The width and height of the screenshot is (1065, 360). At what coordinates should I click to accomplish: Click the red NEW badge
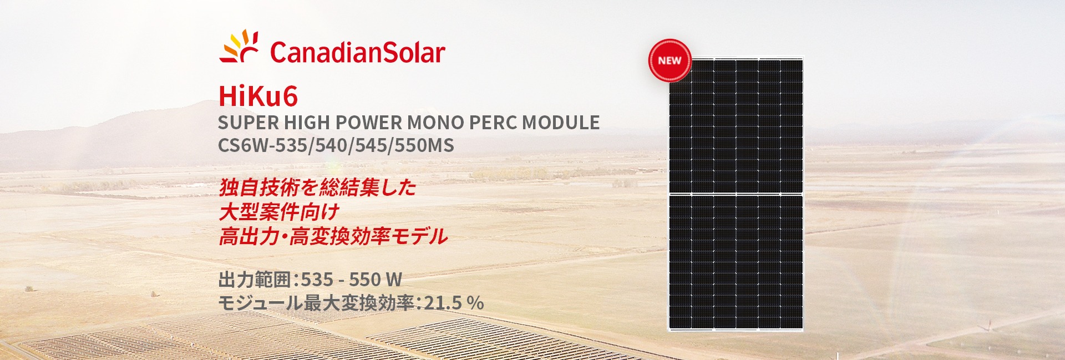point(670,60)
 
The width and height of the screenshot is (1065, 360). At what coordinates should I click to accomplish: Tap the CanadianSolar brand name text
point(358,53)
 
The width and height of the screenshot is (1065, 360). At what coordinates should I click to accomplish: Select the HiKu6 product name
point(258,96)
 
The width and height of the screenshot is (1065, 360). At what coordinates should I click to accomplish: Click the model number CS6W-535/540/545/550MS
point(336,145)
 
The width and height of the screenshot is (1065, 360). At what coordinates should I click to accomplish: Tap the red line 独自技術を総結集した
point(317,187)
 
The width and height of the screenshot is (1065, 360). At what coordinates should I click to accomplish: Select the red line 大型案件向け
point(279,212)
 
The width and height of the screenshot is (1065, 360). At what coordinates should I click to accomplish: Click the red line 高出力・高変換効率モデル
point(333,236)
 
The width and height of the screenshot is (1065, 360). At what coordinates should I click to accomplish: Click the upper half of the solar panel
point(736,126)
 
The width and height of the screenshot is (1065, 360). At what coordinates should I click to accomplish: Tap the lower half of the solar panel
point(736,263)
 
